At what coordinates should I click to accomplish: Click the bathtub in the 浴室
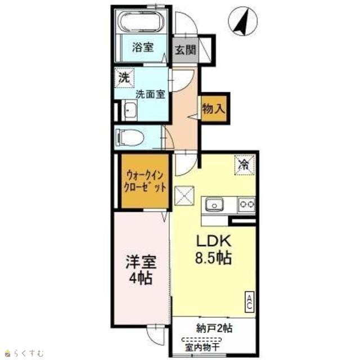pos(141,21)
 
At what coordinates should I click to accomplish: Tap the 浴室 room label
pos(143,47)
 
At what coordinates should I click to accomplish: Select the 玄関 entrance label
pos(186,49)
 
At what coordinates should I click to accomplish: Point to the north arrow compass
pos(243,21)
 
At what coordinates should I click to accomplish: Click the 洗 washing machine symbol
pos(124,78)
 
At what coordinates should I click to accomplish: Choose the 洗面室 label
pos(150,94)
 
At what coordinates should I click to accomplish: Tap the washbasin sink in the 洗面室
pos(130,110)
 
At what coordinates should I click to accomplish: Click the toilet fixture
pos(129,137)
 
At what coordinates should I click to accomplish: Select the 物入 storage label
pos(214,109)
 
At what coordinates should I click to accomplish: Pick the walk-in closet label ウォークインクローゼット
pos(145,182)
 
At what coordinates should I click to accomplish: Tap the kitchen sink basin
pos(214,204)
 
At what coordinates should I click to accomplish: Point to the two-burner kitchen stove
pos(247,204)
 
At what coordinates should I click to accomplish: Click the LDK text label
pos(213,241)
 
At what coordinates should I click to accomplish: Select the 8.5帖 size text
pos(213,258)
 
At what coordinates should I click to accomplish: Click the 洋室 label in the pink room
pos(141,262)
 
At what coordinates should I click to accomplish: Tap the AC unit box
pos(250,302)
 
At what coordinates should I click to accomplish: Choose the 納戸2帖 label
pos(214,328)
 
